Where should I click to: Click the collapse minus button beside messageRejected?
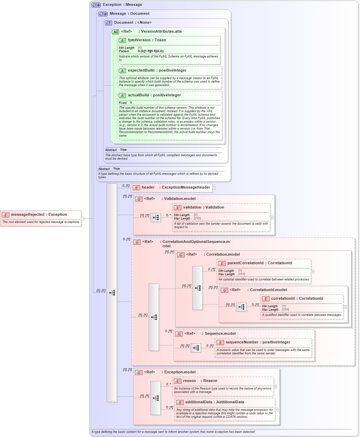click(83, 218)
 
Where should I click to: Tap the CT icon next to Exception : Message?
click(96, 5)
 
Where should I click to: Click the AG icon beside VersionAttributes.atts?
click(116, 32)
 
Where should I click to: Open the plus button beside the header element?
click(214, 188)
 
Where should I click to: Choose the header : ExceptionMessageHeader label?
click(176, 188)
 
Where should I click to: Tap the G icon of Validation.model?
click(139, 199)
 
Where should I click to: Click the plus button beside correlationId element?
click(345, 307)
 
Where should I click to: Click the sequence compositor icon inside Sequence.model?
click(196, 348)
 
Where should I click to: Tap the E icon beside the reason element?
click(177, 381)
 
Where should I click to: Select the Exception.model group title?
click(180, 372)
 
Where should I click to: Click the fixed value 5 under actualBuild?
click(131, 103)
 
